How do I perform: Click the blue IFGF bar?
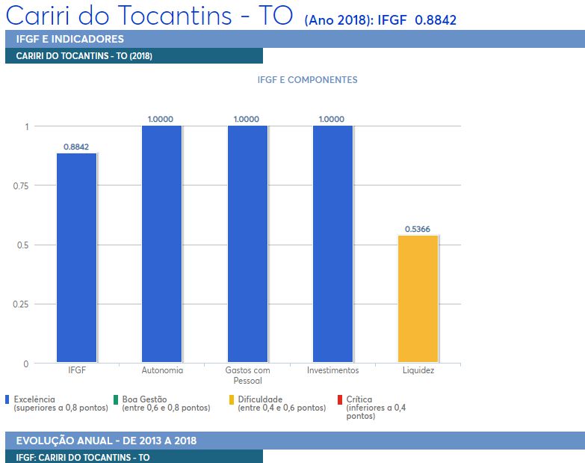click(76, 258)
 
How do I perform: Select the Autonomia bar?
click(161, 244)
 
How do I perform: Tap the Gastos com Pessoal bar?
click(247, 244)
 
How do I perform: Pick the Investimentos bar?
click(332, 244)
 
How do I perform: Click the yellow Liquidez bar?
click(418, 299)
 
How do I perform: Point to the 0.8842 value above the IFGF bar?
click(76, 147)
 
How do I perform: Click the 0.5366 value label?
click(418, 229)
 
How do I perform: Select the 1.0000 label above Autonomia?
click(161, 119)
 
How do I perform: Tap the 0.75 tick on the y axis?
click(20, 185)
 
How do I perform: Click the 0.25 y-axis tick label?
click(20, 304)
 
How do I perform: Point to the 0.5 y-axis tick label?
click(22, 245)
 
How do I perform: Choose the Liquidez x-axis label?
click(418, 370)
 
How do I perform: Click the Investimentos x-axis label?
click(332, 370)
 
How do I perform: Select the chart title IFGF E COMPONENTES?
click(307, 80)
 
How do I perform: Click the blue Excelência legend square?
click(7, 399)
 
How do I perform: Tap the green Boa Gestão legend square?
click(117, 399)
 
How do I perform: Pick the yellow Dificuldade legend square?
click(232, 399)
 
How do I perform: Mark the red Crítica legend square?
click(340, 399)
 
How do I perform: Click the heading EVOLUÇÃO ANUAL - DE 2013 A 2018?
click(106, 441)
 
